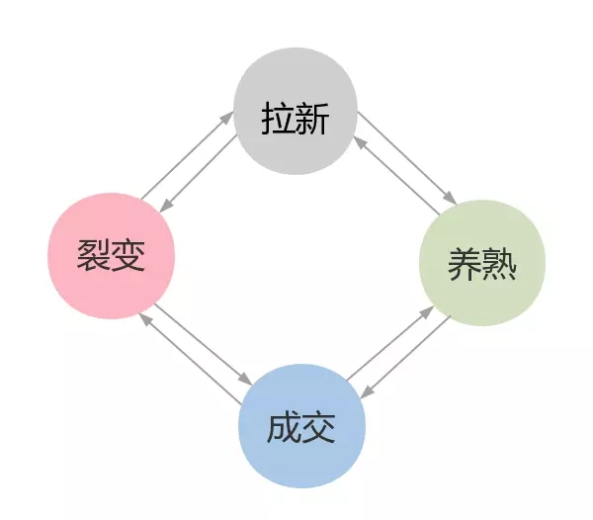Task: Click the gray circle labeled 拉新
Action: [296, 111]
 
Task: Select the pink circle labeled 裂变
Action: [111, 256]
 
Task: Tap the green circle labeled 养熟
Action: [482, 263]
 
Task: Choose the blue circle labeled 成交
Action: [301, 426]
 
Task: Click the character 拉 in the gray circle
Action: [278, 118]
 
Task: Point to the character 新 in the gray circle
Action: [312, 118]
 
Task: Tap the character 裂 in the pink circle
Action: [94, 255]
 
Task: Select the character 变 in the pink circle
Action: [128, 255]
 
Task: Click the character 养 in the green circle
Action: [466, 264]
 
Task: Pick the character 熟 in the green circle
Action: [499, 264]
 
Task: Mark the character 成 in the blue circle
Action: [284, 428]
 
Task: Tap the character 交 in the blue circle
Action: [318, 428]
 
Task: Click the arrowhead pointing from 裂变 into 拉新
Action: [227, 117]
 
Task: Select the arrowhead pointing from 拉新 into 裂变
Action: [166, 206]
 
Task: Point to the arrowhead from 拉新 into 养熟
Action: [451, 198]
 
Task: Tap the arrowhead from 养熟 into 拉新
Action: [360, 143]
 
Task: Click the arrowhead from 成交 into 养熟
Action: [427, 312]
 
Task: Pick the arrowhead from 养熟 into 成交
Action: [367, 391]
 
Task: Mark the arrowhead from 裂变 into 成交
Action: [245, 379]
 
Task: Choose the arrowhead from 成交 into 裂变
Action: [145, 320]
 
